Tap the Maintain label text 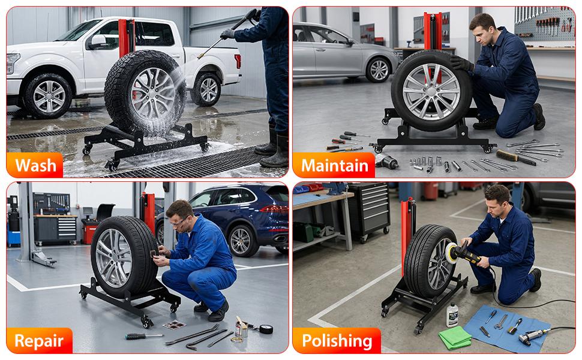coord(334,165)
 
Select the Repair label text coord(39,341)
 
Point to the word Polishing coord(337,341)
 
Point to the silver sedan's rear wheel coord(378,70)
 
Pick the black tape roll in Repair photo coord(265,328)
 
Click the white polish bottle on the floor coord(452,315)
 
